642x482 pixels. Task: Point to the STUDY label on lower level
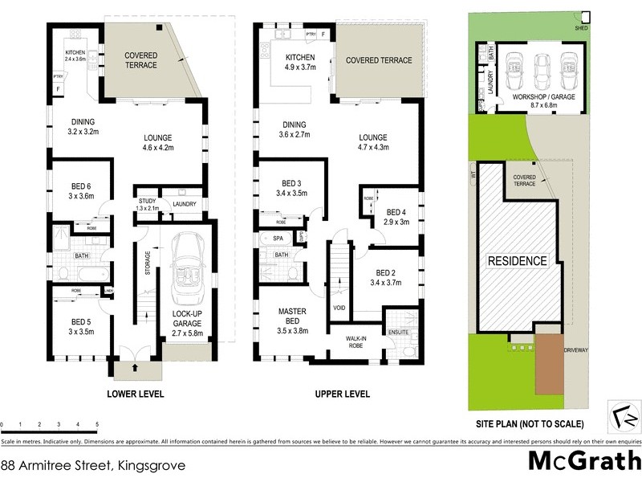[x=146, y=201]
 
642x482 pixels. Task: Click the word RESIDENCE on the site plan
[x=518, y=261]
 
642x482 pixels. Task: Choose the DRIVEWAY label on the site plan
[x=576, y=351]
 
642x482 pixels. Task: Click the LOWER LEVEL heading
[x=136, y=394]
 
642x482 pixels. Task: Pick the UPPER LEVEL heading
[x=342, y=394]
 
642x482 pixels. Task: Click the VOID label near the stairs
[x=339, y=308]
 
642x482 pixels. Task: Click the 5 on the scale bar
[x=97, y=423]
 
